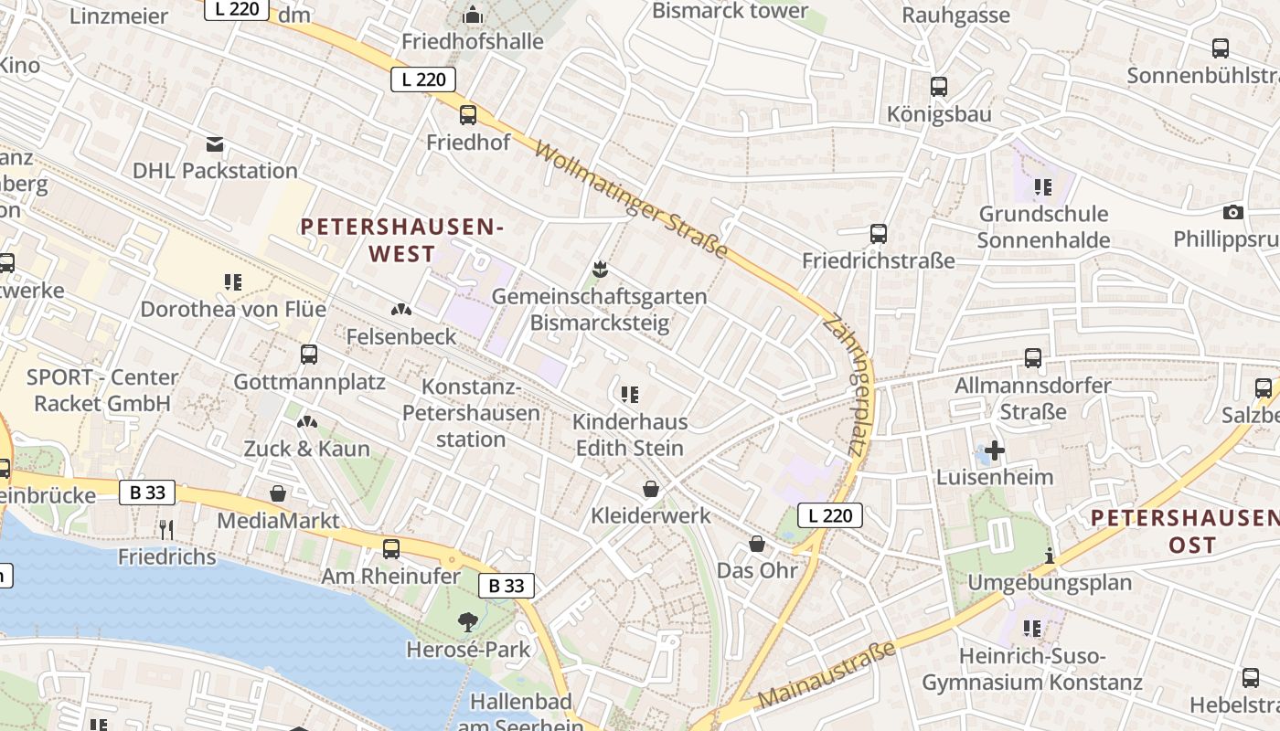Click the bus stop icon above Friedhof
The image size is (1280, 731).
click(x=468, y=115)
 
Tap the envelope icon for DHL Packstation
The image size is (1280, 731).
click(x=215, y=144)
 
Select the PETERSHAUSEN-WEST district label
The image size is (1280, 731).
click(x=402, y=240)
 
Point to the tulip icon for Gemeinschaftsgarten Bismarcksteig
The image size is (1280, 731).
click(x=600, y=270)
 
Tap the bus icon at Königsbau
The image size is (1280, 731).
click(x=939, y=87)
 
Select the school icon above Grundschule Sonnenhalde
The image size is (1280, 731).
click(x=1043, y=187)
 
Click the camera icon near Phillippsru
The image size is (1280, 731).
click(x=1233, y=212)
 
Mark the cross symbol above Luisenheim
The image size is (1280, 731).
click(x=995, y=450)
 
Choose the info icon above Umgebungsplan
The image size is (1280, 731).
click(x=1050, y=556)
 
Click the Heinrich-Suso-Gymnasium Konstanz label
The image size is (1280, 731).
click(x=1032, y=669)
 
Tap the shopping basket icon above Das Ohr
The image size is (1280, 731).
click(x=757, y=544)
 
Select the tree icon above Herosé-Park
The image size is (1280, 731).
click(x=468, y=622)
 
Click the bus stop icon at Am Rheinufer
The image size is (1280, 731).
click(x=391, y=549)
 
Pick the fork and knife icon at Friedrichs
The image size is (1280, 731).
click(x=166, y=530)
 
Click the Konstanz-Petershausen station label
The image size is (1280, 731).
click(x=471, y=413)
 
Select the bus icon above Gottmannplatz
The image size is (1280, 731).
click(x=309, y=355)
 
